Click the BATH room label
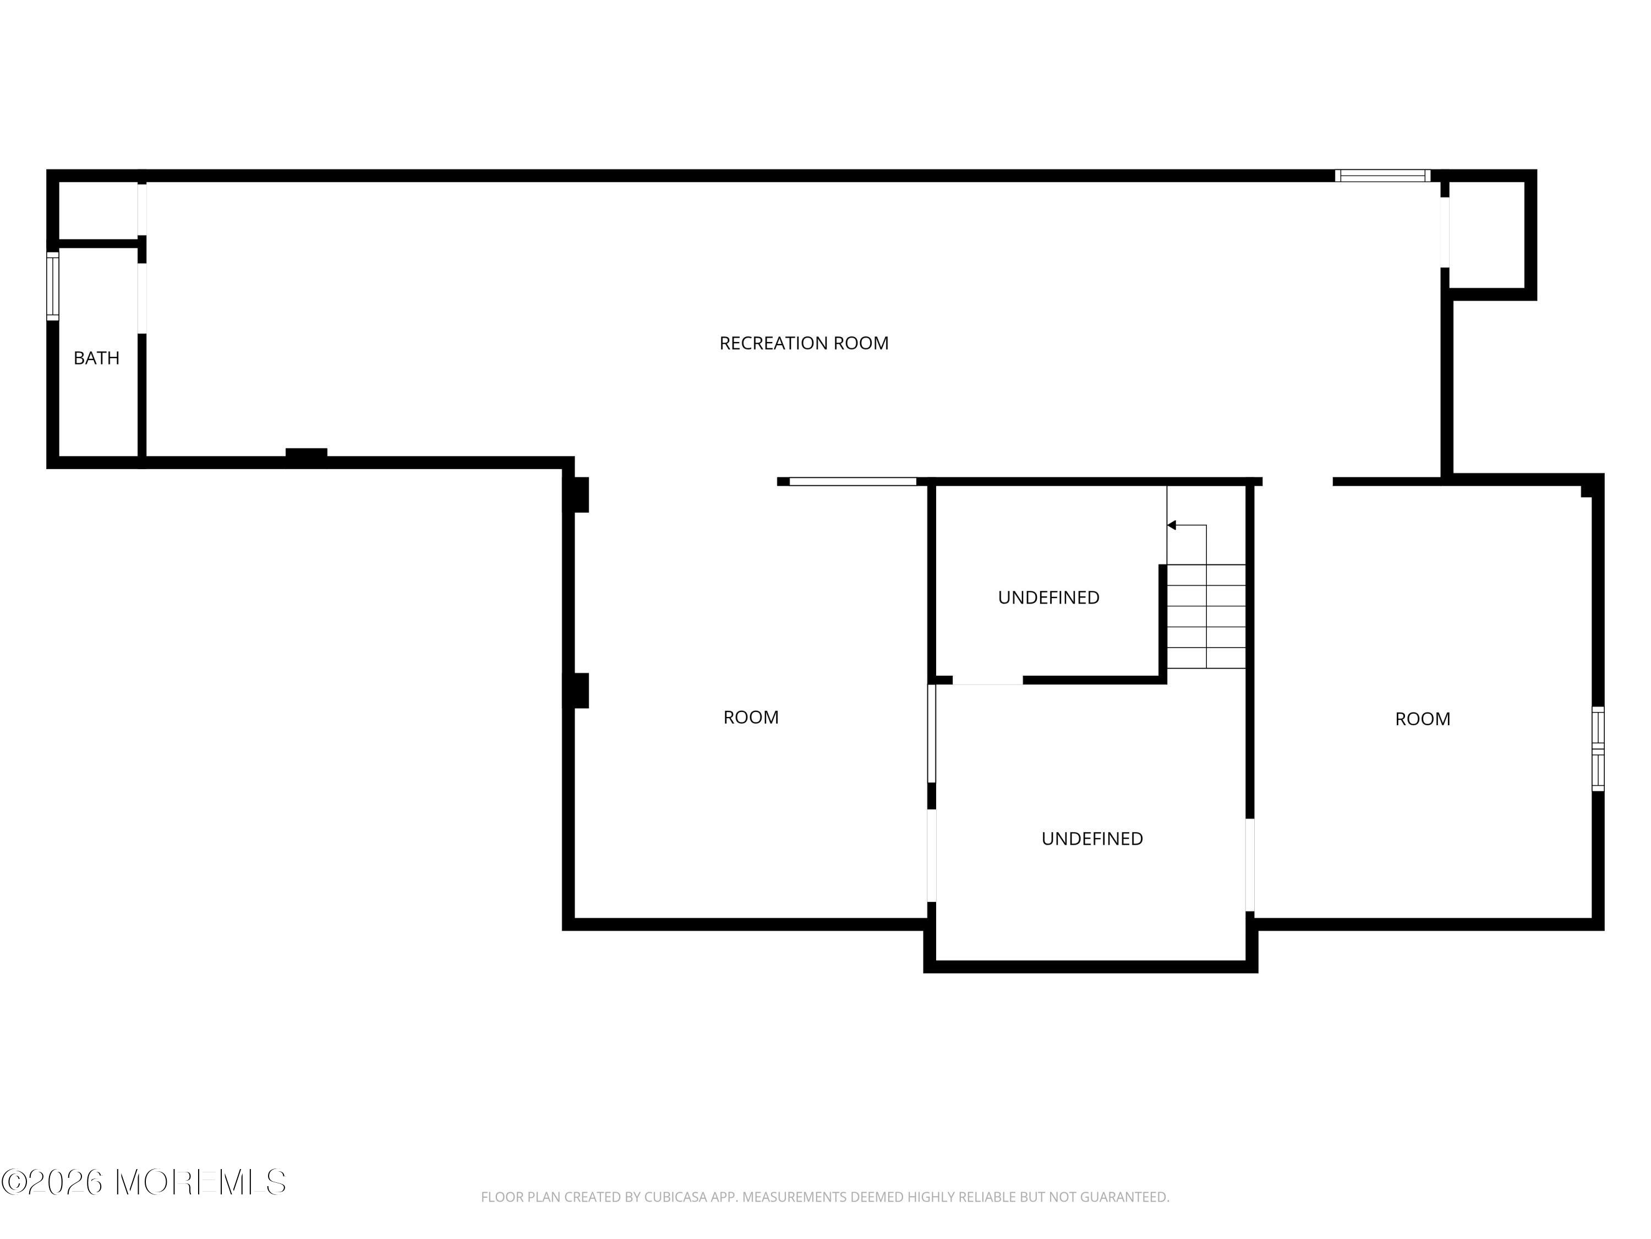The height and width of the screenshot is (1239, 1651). [96, 358]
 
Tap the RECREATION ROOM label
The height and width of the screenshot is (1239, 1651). [804, 343]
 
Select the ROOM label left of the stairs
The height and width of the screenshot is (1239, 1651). [751, 717]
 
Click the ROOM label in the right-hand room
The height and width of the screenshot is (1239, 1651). [1423, 719]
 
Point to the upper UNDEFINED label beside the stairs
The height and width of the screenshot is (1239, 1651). [1049, 597]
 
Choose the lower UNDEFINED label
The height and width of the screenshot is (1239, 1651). [1092, 839]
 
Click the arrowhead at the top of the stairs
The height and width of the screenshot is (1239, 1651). [1172, 525]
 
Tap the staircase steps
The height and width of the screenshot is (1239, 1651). [1206, 616]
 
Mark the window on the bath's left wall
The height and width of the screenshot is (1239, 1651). [53, 286]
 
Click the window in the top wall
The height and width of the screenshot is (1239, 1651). [1382, 176]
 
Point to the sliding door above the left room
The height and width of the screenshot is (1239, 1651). [852, 482]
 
